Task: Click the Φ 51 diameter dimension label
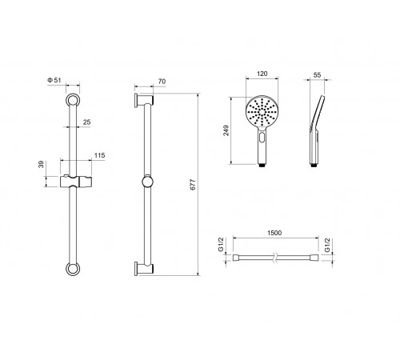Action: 54,80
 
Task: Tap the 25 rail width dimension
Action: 87,122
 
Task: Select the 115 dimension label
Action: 99,155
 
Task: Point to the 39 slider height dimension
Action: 41,164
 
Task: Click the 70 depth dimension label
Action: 162,82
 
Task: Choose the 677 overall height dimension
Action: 193,185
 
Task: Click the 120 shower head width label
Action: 262,74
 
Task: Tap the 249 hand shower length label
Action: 226,130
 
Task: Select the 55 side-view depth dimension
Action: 317,75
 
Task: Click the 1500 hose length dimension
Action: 274,233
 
